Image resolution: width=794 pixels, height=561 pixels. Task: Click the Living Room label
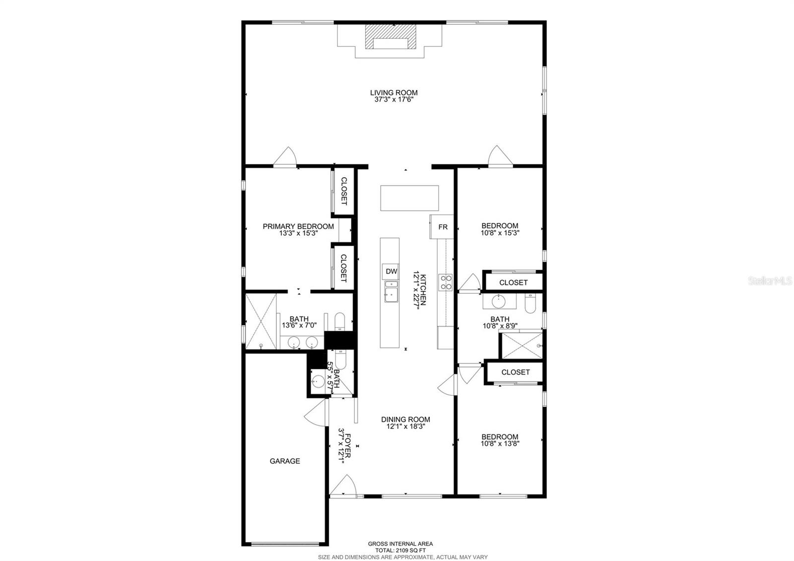(x=394, y=92)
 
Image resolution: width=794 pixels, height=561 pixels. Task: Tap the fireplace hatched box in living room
(x=390, y=37)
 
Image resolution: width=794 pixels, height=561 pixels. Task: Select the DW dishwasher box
(x=391, y=271)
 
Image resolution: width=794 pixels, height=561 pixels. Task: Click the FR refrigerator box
(x=442, y=227)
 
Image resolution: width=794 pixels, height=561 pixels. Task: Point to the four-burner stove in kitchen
(x=445, y=282)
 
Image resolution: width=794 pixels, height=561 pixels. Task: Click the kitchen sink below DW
(x=391, y=291)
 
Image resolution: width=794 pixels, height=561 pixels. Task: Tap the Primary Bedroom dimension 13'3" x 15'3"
(x=298, y=233)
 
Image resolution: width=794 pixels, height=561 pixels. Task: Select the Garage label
(x=284, y=461)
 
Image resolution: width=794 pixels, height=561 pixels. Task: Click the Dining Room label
(x=405, y=419)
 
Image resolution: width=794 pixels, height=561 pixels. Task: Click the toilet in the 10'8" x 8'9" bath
(x=530, y=303)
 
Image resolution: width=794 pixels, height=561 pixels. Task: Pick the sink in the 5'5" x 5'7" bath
(x=317, y=382)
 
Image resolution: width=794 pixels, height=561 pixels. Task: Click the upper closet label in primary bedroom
(x=343, y=191)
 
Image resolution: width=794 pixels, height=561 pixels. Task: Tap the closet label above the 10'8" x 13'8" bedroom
(x=515, y=372)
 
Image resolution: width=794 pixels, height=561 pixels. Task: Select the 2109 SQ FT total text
(x=400, y=550)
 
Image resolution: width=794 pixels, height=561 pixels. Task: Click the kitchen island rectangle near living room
(x=409, y=198)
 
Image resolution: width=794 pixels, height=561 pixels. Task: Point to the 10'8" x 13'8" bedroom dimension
(x=500, y=444)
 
